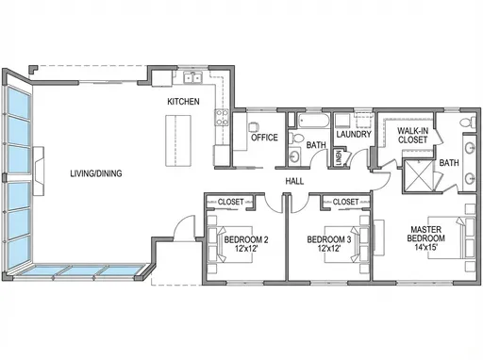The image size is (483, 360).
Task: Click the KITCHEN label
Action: tap(183, 101)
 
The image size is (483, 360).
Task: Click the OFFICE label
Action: tap(263, 138)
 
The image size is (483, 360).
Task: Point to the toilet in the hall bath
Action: tap(295, 156)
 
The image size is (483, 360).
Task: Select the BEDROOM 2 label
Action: tap(246, 239)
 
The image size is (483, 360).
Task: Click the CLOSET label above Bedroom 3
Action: tap(345, 202)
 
